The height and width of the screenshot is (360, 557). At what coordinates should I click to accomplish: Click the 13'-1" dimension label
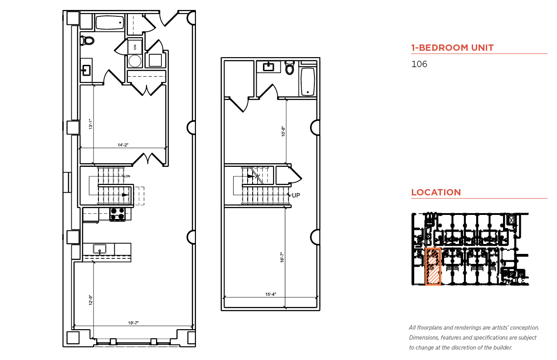91,124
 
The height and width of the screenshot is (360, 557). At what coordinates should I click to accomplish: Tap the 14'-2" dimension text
123,145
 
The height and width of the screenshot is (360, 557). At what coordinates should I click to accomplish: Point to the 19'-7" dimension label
133,323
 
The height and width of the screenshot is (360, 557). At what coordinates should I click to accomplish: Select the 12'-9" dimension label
91,300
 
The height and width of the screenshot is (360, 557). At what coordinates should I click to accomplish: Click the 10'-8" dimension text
283,131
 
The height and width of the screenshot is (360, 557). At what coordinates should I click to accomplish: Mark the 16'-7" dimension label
282,258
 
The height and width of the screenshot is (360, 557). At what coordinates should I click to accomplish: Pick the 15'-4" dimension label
270,294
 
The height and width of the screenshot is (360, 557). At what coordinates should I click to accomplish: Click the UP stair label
296,195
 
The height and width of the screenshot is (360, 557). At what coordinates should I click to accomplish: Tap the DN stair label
128,176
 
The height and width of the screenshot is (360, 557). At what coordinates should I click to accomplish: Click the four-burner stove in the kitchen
117,214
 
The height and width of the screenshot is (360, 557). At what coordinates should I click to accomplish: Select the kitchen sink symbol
100,249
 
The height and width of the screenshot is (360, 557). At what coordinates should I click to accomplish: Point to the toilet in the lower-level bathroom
87,40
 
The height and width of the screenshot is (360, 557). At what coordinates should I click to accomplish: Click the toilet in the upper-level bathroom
289,68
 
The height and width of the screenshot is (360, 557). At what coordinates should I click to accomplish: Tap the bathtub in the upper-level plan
308,82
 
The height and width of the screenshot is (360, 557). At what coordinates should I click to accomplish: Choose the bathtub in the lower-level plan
110,22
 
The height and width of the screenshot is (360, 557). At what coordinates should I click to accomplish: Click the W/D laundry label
135,47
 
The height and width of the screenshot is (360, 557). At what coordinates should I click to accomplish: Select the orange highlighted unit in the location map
433,266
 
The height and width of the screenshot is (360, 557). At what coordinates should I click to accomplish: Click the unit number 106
419,64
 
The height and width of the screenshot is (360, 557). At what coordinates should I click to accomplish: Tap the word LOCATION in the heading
436,192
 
